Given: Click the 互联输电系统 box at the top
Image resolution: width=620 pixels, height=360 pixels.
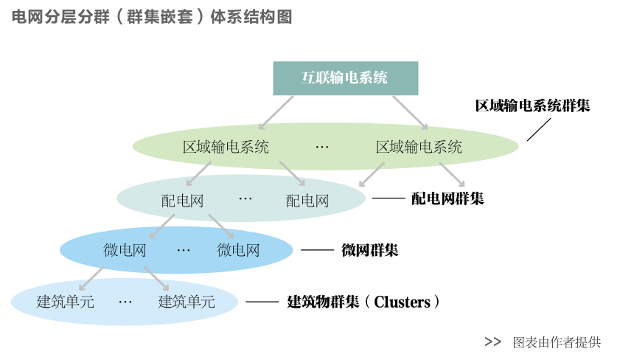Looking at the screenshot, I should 346,78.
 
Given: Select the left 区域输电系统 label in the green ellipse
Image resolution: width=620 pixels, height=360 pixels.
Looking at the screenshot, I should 226,147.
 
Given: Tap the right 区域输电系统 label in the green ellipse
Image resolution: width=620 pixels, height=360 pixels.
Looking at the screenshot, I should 419,147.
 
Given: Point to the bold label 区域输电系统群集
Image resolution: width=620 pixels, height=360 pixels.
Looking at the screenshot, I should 532,105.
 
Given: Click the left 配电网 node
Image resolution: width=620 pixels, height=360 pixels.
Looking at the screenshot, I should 182,200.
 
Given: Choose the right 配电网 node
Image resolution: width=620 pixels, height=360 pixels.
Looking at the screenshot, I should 307,200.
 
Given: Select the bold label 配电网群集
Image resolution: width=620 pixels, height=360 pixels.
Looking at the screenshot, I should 447,198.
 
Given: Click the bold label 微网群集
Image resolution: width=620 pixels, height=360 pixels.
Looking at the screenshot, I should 369,250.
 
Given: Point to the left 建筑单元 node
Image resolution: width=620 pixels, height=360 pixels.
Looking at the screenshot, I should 66,302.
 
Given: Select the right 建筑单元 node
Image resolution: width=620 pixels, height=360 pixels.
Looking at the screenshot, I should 187,302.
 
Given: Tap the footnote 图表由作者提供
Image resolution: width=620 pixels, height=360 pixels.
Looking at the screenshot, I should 557,342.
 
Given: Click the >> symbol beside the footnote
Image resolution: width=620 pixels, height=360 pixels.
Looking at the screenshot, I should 492,342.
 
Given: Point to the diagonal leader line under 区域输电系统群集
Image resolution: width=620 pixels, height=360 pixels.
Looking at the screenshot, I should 538,129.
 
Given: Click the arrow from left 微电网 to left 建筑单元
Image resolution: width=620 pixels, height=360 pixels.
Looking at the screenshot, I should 93,277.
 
